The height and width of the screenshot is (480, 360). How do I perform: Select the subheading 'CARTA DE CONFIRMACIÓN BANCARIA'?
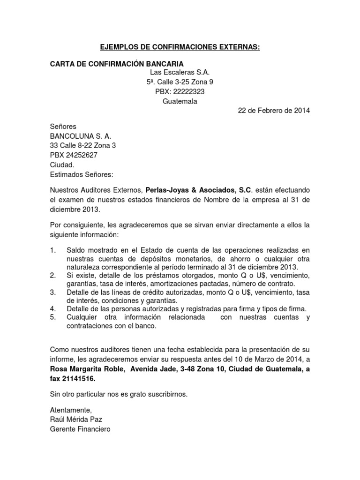click(117, 64)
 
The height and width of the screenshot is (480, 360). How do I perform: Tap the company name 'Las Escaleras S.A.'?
click(180, 73)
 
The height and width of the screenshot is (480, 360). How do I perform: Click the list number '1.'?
click(53, 250)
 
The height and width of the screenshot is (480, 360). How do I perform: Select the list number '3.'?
click(53, 292)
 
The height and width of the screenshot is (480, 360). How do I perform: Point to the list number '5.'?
click(53, 317)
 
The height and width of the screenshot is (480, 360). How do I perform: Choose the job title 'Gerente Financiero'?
click(80, 428)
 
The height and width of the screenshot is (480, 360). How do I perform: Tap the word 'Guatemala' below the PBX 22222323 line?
click(180, 101)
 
